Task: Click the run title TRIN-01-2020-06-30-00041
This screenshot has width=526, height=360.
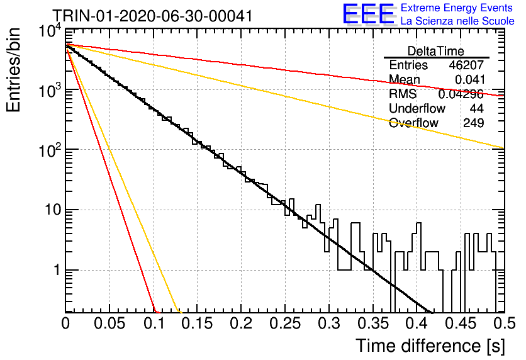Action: [153, 16]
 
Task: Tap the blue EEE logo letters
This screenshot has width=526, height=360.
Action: [369, 14]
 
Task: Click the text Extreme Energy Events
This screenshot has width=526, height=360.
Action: [457, 8]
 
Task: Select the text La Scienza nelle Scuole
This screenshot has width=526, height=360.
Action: [457, 21]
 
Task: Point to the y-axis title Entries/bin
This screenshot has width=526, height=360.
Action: [13, 70]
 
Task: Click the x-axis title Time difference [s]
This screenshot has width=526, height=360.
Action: [430, 346]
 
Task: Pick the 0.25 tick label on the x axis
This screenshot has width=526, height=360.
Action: [285, 323]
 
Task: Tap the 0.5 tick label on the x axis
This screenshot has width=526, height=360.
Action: [505, 323]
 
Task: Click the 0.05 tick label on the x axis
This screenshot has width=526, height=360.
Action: [109, 323]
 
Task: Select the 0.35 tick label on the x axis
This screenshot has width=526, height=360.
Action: [373, 323]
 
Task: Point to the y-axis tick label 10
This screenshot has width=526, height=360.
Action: [53, 210]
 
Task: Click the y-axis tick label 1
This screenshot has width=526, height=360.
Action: [58, 270]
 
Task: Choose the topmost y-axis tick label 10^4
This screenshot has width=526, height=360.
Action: [50, 31]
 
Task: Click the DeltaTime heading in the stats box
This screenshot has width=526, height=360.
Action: [436, 51]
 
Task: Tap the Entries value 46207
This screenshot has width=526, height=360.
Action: [466, 65]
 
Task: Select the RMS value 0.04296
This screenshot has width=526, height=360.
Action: [461, 94]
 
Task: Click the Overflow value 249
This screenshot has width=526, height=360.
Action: [473, 123]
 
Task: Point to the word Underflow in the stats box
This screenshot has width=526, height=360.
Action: [417, 108]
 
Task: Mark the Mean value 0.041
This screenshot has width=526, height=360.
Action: [469, 79]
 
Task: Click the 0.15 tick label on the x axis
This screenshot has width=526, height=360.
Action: [198, 323]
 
